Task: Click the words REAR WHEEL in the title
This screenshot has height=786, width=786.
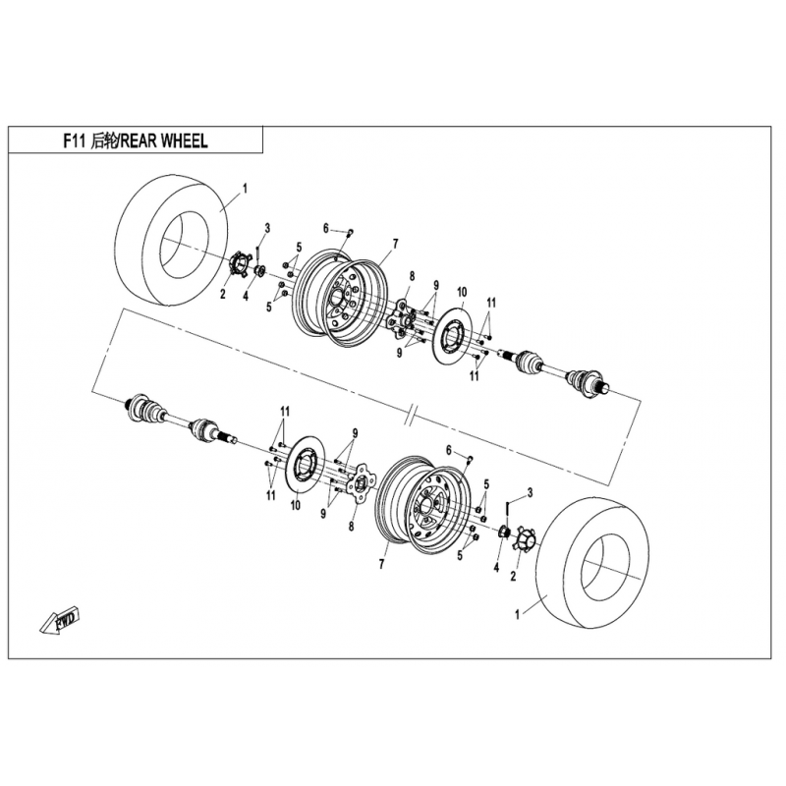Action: coord(164,141)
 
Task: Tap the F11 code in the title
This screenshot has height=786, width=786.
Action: coord(75,141)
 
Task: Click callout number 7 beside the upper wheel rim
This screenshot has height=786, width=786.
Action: coord(396,244)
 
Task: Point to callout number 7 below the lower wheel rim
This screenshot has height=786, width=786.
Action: coord(381,564)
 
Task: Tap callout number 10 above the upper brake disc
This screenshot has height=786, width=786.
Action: coord(462,292)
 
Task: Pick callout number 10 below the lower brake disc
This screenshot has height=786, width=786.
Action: coord(296,505)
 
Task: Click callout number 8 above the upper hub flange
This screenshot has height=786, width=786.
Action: coord(412,276)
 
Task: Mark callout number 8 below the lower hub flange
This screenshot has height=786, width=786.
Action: coord(352,526)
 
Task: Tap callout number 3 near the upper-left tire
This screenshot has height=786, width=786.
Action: coord(267,228)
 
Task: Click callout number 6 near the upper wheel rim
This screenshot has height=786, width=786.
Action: coord(326,229)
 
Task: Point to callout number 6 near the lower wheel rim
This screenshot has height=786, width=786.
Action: coord(449,450)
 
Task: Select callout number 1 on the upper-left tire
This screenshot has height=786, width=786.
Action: coord(245,188)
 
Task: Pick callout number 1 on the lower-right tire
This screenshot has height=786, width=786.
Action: coord(518,614)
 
